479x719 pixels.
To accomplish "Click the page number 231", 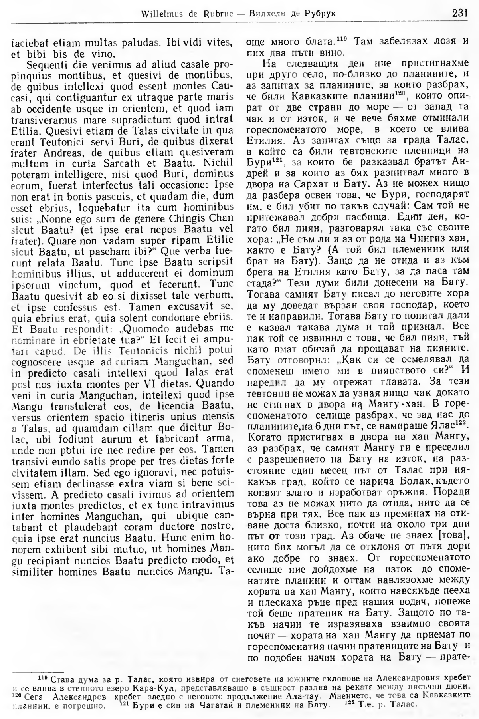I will [460, 13].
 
